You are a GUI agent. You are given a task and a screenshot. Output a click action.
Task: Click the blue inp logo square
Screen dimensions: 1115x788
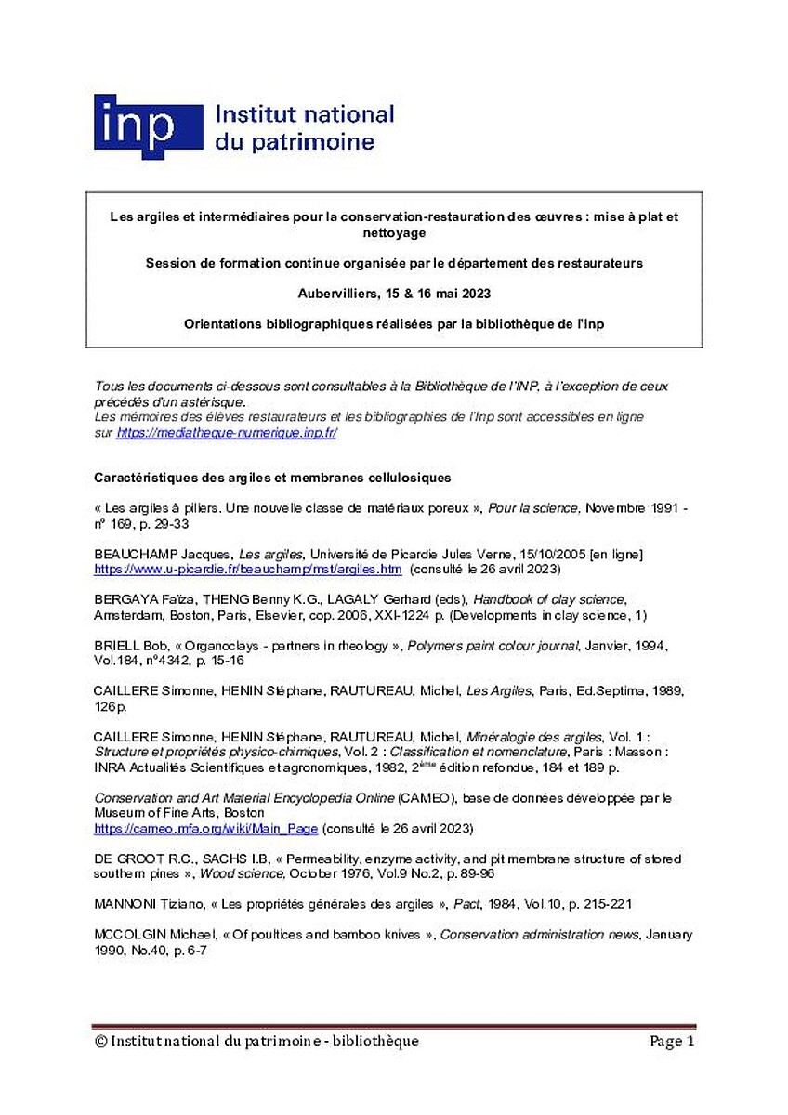(148, 126)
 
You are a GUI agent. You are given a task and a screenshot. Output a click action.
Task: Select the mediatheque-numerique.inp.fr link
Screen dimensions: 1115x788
(227, 433)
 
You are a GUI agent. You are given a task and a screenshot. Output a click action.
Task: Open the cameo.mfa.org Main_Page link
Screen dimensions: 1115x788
(206, 828)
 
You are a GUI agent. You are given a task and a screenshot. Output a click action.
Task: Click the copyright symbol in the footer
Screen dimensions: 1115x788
(100, 1042)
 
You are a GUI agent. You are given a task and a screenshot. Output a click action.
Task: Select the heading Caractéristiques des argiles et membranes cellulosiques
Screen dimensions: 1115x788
(272, 478)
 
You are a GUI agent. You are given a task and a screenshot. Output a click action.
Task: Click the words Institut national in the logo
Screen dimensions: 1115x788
(305, 115)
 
